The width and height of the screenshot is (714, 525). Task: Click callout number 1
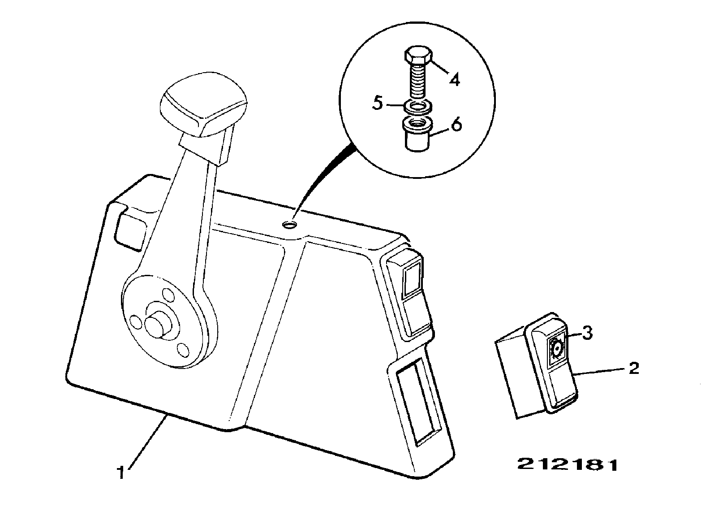pos(121,473)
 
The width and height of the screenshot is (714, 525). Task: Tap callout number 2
pos(634,369)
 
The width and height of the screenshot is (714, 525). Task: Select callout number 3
pos(587,333)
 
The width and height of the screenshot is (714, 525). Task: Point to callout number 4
pos(455,80)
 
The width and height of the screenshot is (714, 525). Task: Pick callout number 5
pos(378,104)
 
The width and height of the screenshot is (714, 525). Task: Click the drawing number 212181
pos(568,465)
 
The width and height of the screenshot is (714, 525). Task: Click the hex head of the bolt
pos(419,58)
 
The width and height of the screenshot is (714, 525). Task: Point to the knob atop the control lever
pos(204,104)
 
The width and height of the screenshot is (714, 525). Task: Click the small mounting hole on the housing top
pos(289,225)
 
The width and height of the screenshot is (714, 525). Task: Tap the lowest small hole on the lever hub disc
pos(183,350)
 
